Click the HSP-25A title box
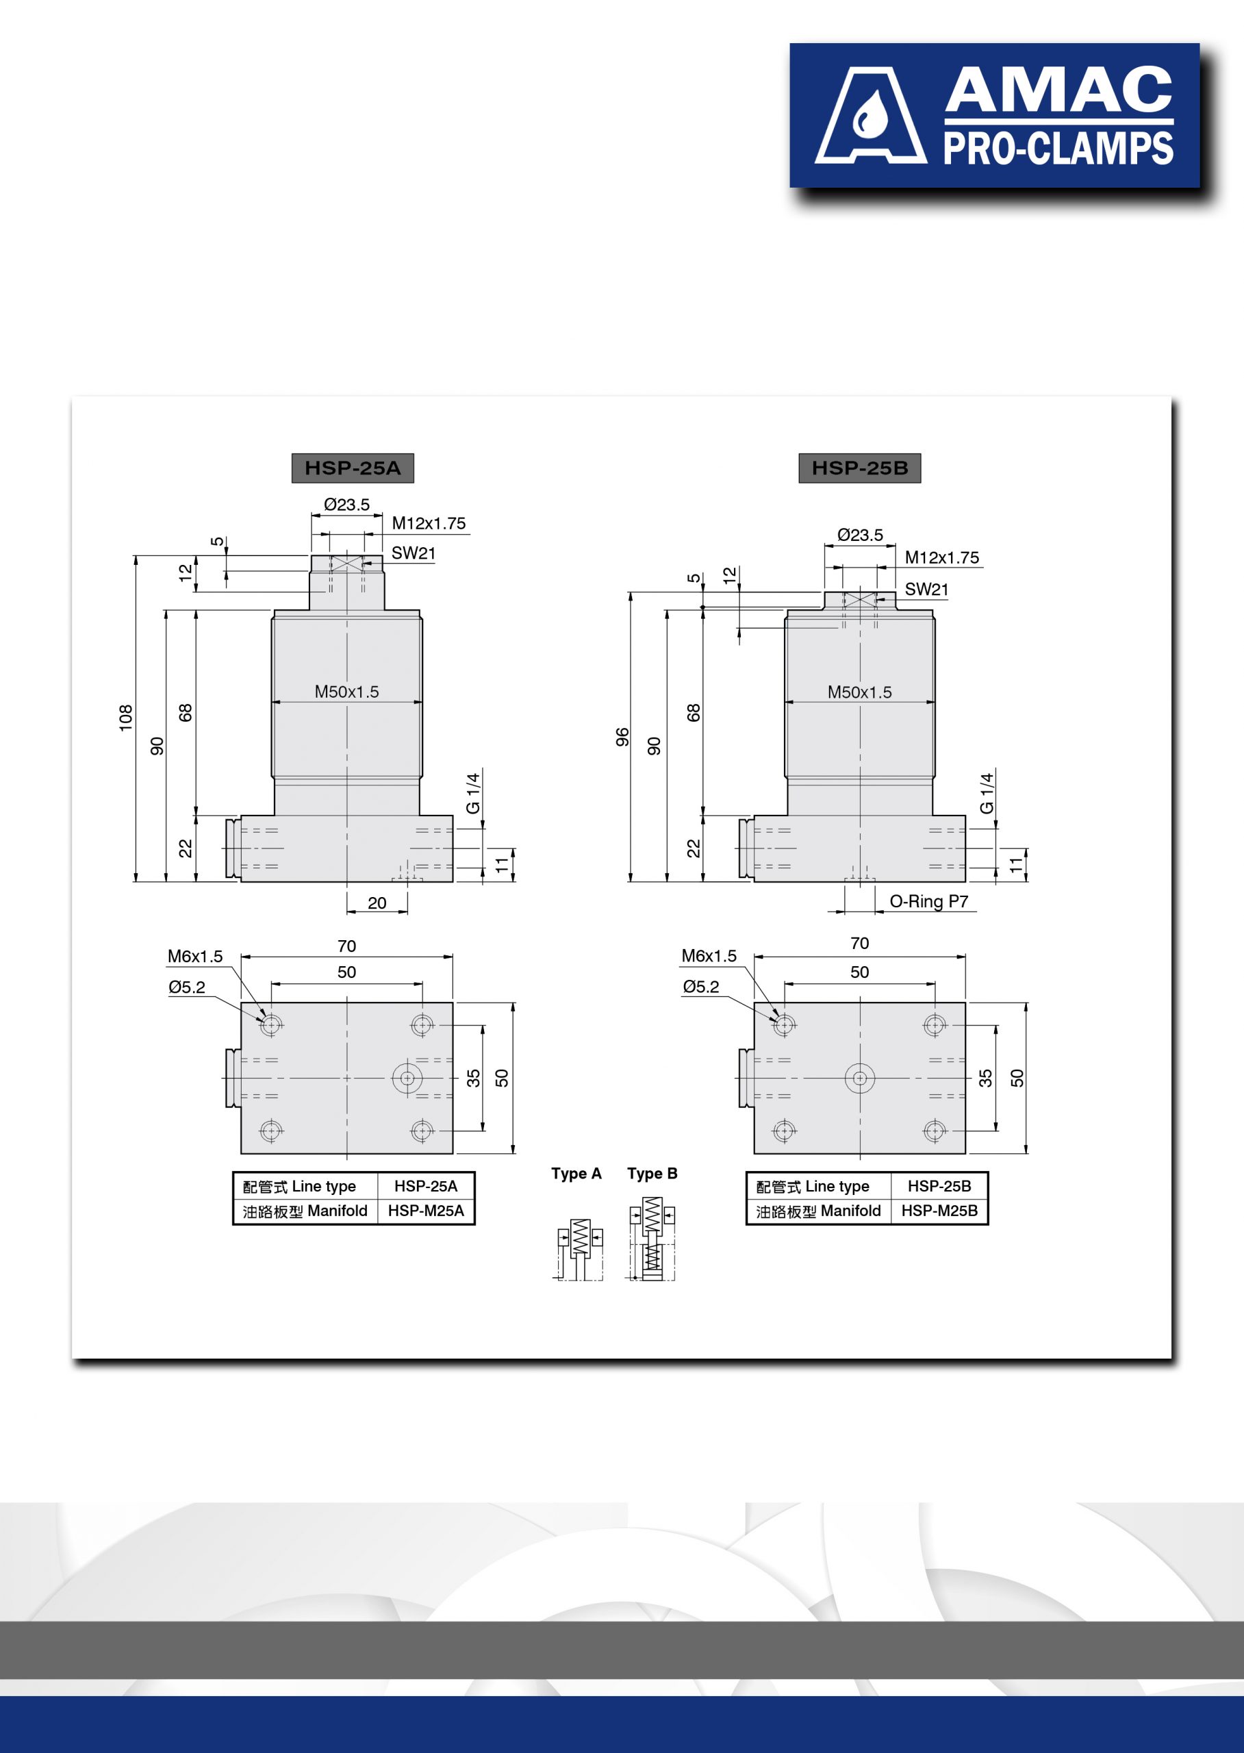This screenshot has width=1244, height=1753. (353, 468)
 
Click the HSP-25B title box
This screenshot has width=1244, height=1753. (859, 468)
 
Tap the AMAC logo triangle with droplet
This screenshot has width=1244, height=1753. (871, 116)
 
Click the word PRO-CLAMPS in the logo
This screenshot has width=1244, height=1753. (1058, 149)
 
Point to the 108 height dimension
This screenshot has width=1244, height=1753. (125, 718)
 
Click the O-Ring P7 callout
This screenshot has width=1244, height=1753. (928, 901)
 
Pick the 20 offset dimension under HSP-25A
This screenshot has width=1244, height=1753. (377, 903)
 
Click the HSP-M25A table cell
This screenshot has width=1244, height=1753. (426, 1211)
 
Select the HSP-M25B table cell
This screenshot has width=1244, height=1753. (939, 1211)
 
